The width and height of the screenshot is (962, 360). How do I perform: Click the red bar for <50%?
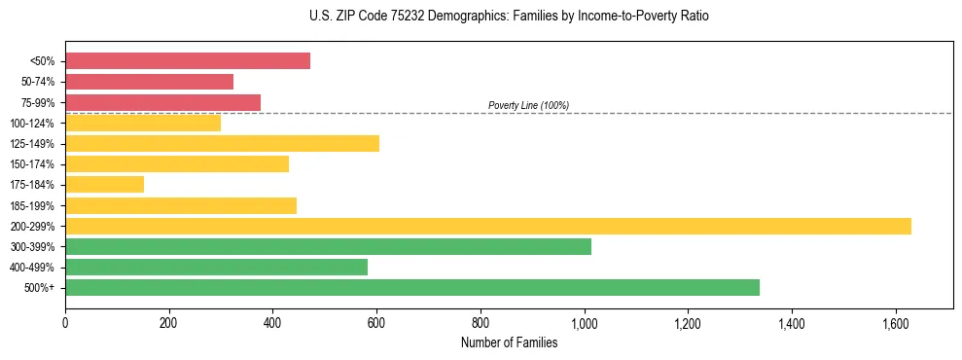pos(188,60)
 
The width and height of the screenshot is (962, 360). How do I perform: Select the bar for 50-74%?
pos(149,82)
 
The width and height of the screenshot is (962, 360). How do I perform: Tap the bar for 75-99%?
pos(162,102)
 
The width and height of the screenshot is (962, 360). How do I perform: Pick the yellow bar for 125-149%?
pos(222,144)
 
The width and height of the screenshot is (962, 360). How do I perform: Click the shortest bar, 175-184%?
pos(104,185)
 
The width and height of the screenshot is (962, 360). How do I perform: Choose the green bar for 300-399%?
pos(328,247)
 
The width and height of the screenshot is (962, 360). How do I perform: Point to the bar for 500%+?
pos(412,288)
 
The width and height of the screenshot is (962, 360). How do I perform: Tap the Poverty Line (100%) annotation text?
pos(528,105)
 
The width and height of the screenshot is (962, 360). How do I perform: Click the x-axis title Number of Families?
pos(509,342)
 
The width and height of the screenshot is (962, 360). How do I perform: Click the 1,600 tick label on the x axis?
pos(895,323)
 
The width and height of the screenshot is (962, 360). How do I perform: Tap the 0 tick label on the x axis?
pos(65,323)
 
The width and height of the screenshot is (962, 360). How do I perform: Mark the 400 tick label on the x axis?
pos(272,323)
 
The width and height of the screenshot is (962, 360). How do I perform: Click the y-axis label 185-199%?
pos(32,206)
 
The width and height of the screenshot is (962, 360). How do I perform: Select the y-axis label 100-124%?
pos(32,124)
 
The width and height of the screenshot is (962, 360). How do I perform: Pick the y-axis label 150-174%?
pos(32,164)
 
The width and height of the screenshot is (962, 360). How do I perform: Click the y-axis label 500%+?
pos(40,288)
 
